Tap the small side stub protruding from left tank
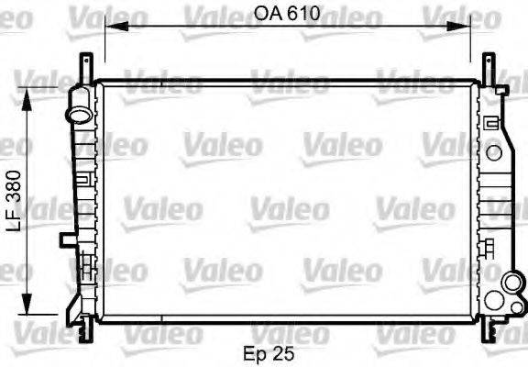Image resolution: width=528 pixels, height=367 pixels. point(67,240)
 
